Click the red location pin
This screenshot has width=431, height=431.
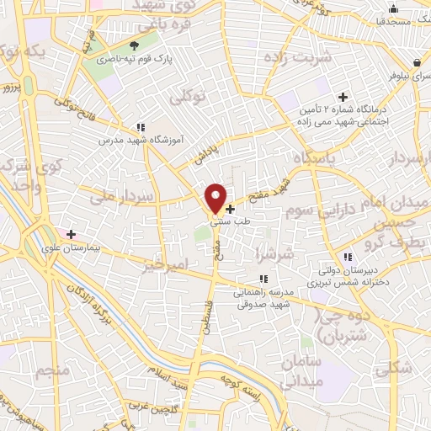pyautogui.click(x=216, y=198)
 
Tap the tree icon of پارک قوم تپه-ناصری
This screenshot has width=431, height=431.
pyautogui.click(x=135, y=45)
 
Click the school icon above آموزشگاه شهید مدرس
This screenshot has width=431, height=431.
pyautogui.click(x=140, y=127)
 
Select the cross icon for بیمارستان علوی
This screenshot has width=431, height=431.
pyautogui.click(x=72, y=235)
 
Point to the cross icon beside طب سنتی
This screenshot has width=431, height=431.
pyautogui.click(x=231, y=208)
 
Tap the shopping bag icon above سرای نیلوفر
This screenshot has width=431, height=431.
pyautogui.click(x=418, y=62)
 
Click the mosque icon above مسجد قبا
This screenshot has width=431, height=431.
pyautogui.click(x=394, y=8)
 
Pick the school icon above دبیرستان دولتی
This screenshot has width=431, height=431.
pyautogui.click(x=346, y=257)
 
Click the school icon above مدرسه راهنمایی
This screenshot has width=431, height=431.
pyautogui.click(x=263, y=279)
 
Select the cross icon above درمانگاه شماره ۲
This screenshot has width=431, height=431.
pyautogui.click(x=343, y=97)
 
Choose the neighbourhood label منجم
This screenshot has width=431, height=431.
pyautogui.click(x=50, y=370)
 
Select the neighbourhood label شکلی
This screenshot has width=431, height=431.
pyautogui.click(x=396, y=367)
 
